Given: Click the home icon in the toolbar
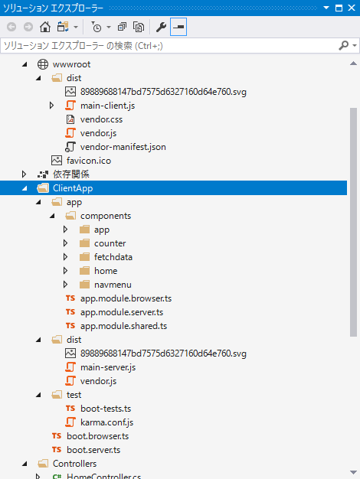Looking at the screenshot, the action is click(45, 27).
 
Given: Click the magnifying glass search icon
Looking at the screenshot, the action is click(344, 45).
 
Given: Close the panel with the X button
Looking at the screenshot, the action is click(352, 8).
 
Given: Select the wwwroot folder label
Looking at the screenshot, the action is click(71, 64).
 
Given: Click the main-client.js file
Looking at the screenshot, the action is click(108, 106).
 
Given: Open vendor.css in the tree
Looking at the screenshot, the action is click(101, 119).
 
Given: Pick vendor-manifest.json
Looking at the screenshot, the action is click(123, 147).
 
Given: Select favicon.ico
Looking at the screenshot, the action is click(89, 161).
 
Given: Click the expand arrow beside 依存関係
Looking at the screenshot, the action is click(24, 174).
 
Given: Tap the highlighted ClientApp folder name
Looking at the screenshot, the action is click(73, 188).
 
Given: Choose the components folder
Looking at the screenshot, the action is click(106, 216).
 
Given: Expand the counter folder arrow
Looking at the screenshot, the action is click(65, 243).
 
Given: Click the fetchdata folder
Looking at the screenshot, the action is click(113, 257).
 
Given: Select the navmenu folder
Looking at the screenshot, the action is click(113, 285).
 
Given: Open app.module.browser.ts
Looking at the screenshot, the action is click(126, 298).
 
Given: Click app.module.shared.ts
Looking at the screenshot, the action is click(123, 326).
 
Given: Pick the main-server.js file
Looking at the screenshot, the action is click(108, 367).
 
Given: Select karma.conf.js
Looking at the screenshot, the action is click(106, 422).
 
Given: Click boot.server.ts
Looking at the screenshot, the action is click(93, 450).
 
